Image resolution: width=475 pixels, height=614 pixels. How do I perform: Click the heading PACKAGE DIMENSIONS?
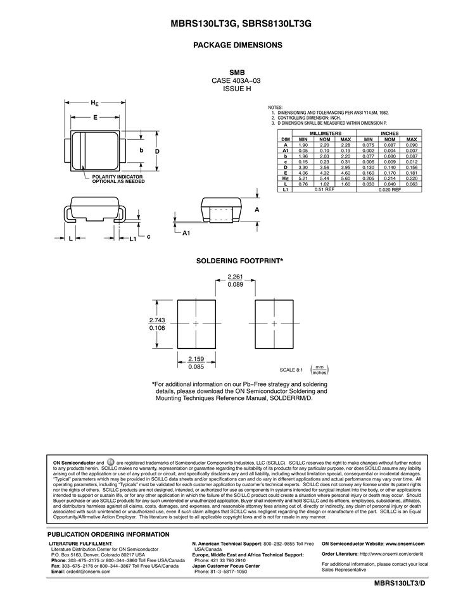tap(237, 46)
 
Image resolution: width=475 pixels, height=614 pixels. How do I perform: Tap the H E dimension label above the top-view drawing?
tap(94, 103)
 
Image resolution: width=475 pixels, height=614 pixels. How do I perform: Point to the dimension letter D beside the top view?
tap(156, 151)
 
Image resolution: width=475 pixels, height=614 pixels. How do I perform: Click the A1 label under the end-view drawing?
tap(186, 233)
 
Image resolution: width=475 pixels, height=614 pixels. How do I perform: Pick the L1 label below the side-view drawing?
tap(132, 239)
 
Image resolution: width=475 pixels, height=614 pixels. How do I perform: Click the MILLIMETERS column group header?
tap(324, 134)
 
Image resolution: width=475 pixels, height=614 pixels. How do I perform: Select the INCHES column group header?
tap(389, 134)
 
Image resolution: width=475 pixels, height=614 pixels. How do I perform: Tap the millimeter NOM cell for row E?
tap(324, 172)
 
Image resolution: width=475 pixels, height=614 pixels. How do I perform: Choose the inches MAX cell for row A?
tap(411, 145)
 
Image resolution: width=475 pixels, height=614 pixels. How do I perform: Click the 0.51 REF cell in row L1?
tap(324, 189)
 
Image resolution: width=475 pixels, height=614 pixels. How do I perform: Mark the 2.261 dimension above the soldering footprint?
tap(235, 276)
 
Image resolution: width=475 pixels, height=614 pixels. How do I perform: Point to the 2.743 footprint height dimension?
tap(157, 320)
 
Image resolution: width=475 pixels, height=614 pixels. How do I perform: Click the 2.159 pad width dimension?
tap(196, 359)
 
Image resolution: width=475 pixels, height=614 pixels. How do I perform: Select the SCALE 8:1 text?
tap(292, 370)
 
